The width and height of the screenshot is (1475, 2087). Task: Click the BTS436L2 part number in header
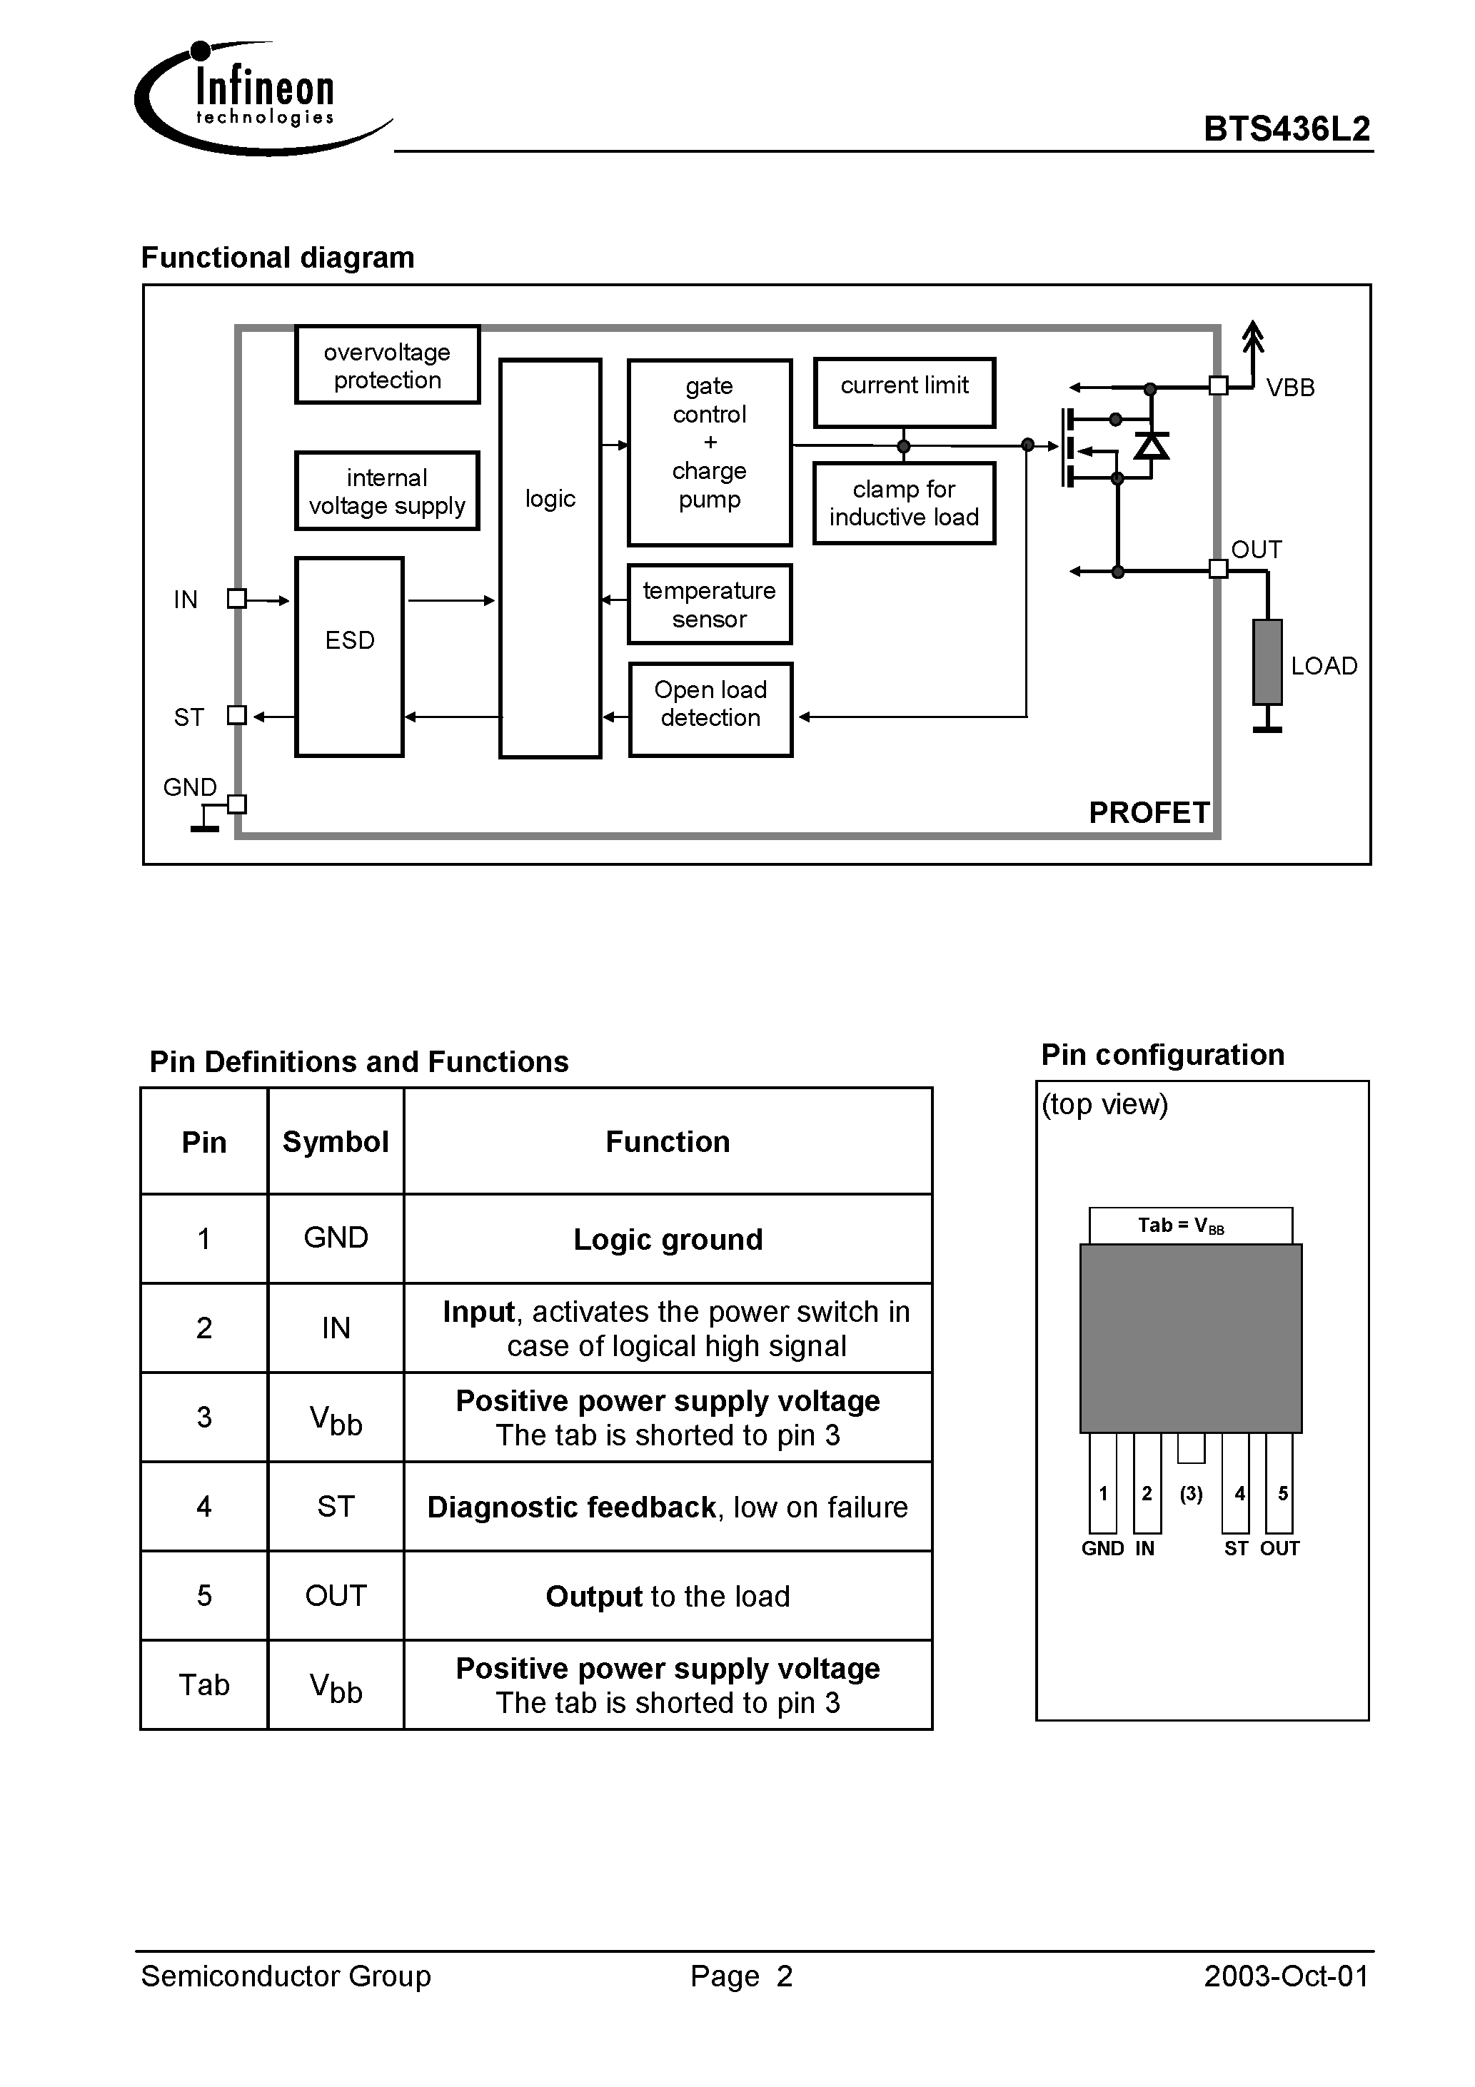1286,129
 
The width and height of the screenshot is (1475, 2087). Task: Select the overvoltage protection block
388,365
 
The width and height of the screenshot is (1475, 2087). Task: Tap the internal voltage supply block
388,492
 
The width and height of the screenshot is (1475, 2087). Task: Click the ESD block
349,656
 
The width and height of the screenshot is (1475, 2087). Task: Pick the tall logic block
550,558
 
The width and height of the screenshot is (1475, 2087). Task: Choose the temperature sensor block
710,605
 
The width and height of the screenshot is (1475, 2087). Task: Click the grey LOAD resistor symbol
1267,662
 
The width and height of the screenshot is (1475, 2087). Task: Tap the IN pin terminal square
236,599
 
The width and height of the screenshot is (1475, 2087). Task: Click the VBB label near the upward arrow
1289,388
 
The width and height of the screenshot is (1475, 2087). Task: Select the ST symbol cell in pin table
336,1507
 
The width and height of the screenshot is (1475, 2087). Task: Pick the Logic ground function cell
668,1240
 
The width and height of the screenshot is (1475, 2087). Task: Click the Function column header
668,1142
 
